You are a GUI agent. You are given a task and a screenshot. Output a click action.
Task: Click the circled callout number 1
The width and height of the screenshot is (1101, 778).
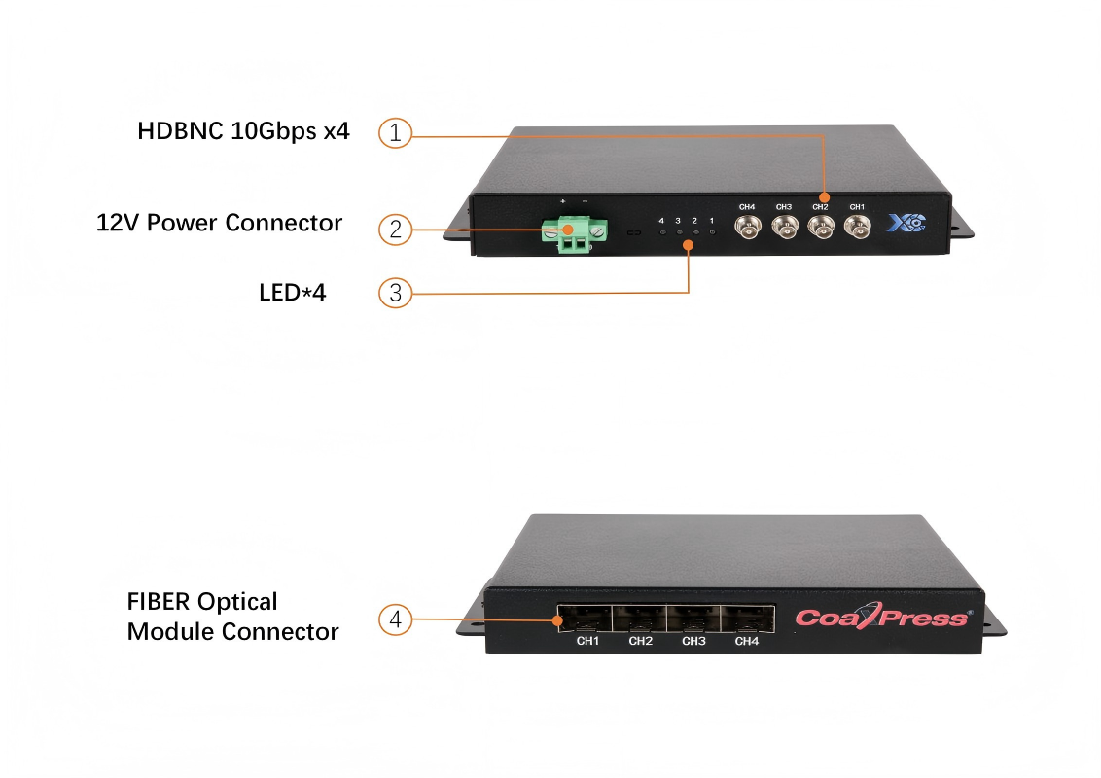395,133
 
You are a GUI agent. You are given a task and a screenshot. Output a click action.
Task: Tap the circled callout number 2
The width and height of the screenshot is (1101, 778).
395,230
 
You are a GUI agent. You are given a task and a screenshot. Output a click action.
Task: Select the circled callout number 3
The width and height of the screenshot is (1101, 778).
395,292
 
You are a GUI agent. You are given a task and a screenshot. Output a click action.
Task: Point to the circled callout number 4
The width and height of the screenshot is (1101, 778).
395,619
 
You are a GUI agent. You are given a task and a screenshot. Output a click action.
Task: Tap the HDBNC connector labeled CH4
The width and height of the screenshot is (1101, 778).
747,228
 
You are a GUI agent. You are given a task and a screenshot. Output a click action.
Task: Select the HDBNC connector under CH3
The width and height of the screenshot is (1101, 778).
784,228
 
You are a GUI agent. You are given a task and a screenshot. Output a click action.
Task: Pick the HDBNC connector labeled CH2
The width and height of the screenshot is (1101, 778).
821,228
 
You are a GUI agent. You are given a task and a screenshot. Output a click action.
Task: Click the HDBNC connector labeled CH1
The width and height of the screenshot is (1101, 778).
857,228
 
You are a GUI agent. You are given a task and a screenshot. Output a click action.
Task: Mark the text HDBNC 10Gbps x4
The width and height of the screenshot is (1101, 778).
243,131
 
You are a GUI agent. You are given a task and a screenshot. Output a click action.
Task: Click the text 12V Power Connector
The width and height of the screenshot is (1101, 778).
220,223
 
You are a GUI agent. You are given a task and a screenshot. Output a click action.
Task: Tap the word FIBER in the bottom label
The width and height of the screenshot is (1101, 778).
159,602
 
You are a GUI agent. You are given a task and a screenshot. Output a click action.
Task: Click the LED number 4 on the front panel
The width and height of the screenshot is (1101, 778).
661,232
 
